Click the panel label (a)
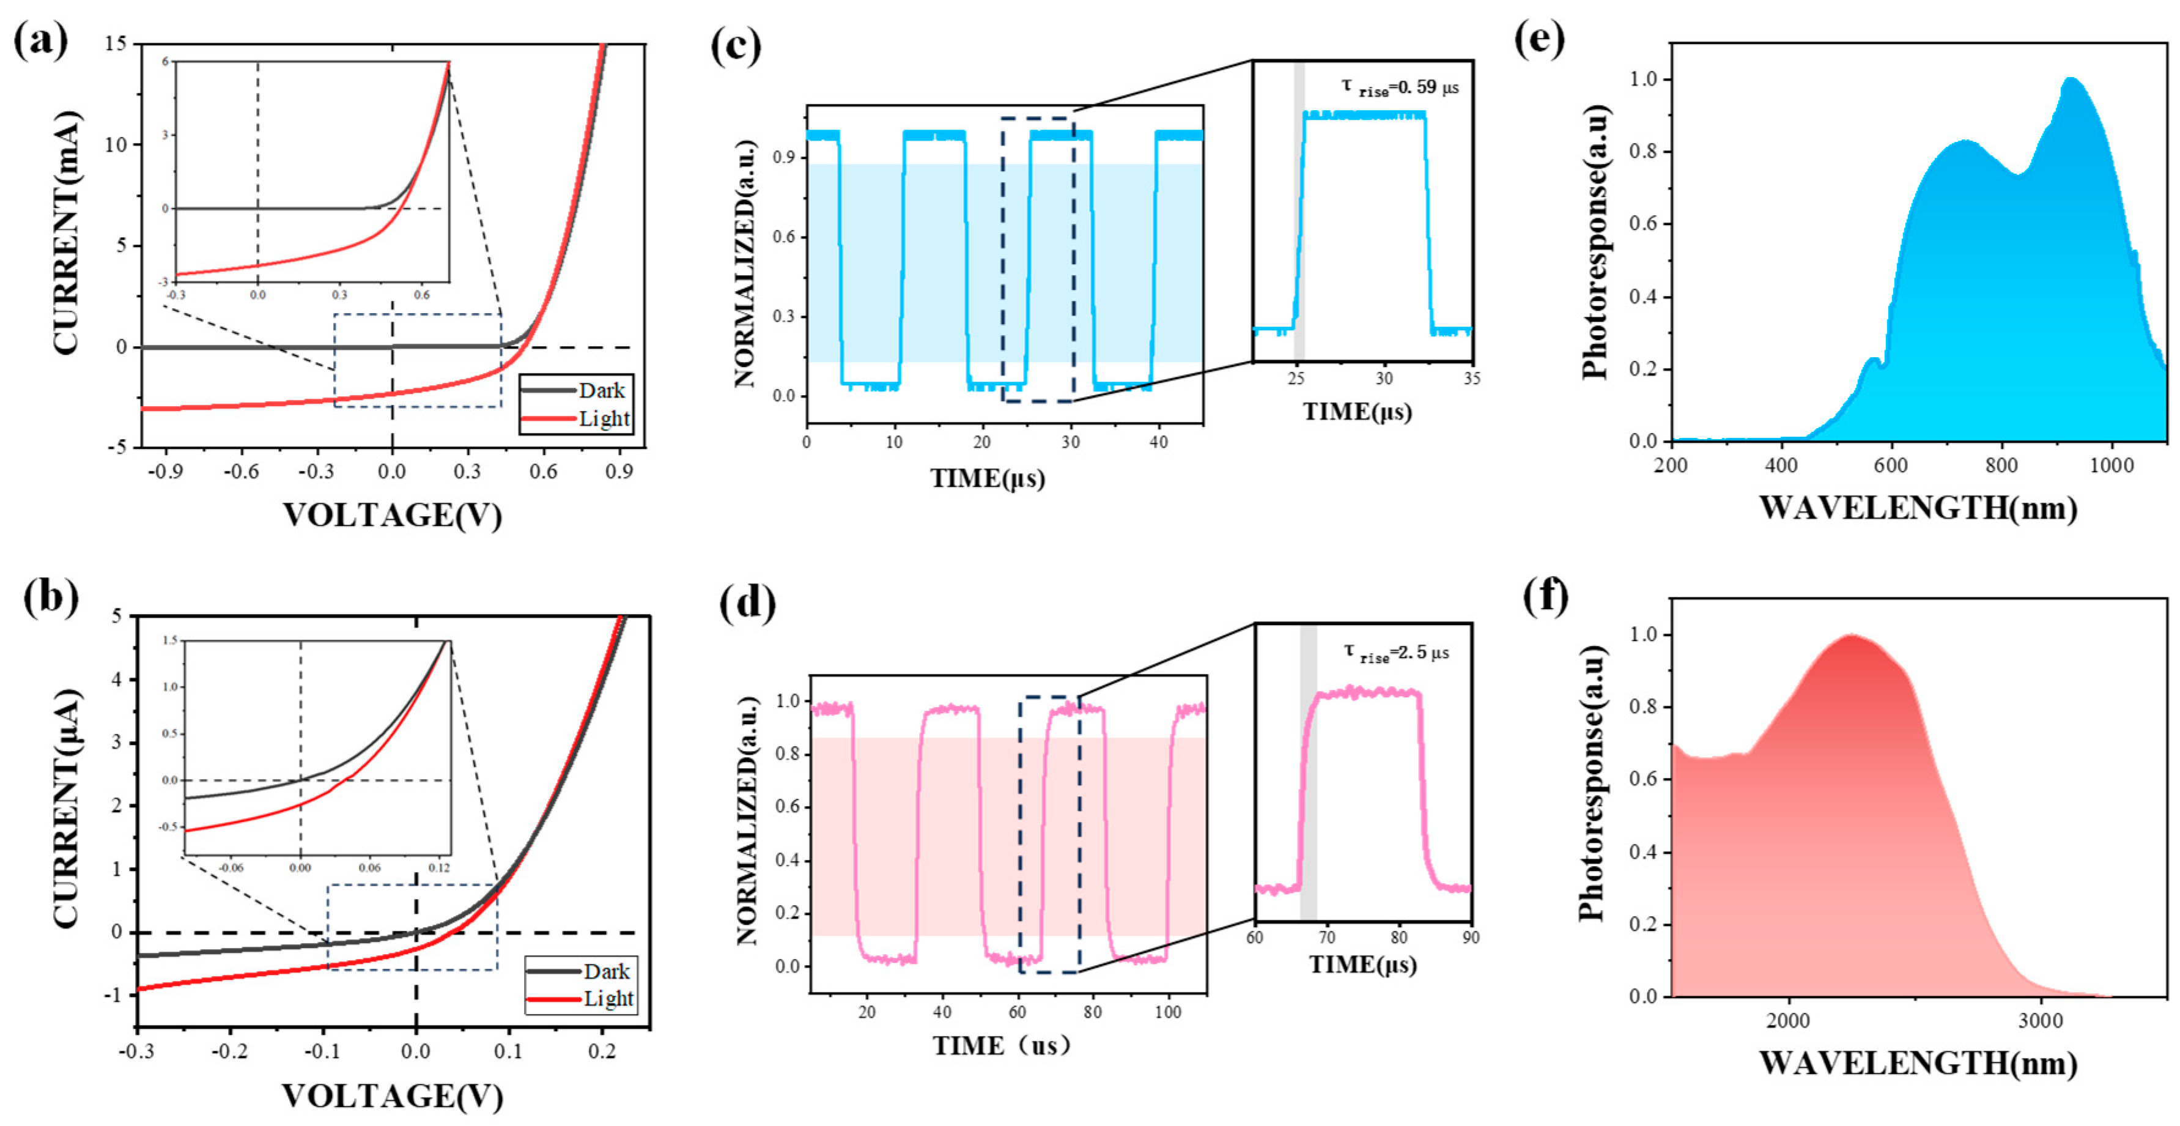click(x=40, y=40)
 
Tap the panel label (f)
click(x=1545, y=595)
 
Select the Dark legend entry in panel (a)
click(x=601, y=390)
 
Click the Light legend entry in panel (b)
click(x=608, y=999)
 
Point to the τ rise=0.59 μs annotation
click(x=1400, y=87)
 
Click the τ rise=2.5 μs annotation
click(x=1396, y=652)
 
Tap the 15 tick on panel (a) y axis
click(x=116, y=43)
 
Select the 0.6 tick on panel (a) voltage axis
click(x=543, y=472)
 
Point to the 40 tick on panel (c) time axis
click(x=1159, y=442)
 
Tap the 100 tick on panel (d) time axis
click(x=1168, y=1012)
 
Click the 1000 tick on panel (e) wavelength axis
click(x=2112, y=465)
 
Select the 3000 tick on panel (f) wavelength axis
click(x=2041, y=1021)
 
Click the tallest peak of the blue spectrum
click(x=2071, y=81)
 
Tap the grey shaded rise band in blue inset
click(x=1299, y=212)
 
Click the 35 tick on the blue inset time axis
click(x=1471, y=379)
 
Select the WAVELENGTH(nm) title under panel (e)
click(x=1918, y=508)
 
